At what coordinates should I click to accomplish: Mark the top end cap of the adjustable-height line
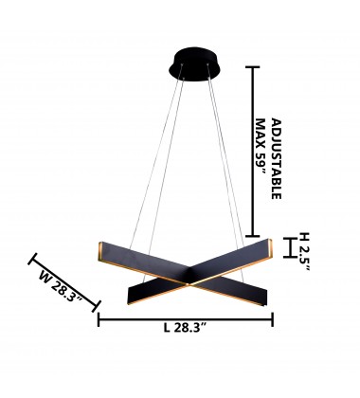252,67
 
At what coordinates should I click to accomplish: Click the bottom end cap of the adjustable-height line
252,236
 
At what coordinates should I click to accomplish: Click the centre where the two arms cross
187,278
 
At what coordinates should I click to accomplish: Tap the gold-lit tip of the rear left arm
102,249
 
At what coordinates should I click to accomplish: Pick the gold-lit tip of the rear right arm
270,248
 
